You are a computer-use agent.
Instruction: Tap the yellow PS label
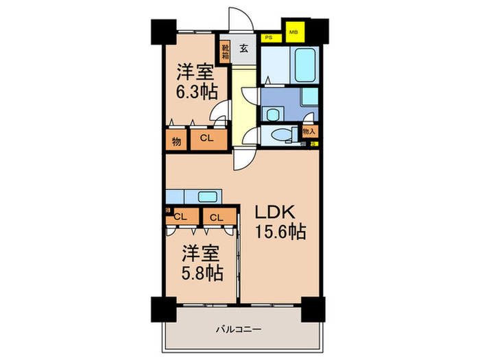click(269, 39)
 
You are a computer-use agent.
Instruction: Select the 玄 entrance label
click(243, 49)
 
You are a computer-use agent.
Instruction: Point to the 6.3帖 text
click(194, 92)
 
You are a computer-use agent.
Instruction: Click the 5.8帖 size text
click(202, 274)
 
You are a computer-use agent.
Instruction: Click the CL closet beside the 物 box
click(206, 139)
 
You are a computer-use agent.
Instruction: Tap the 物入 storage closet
click(309, 131)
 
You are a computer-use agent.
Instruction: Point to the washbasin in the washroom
click(274, 114)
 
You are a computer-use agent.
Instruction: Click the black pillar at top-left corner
click(163, 32)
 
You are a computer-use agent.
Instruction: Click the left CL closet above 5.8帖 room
click(181, 217)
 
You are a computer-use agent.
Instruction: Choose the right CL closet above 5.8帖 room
click(215, 217)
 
